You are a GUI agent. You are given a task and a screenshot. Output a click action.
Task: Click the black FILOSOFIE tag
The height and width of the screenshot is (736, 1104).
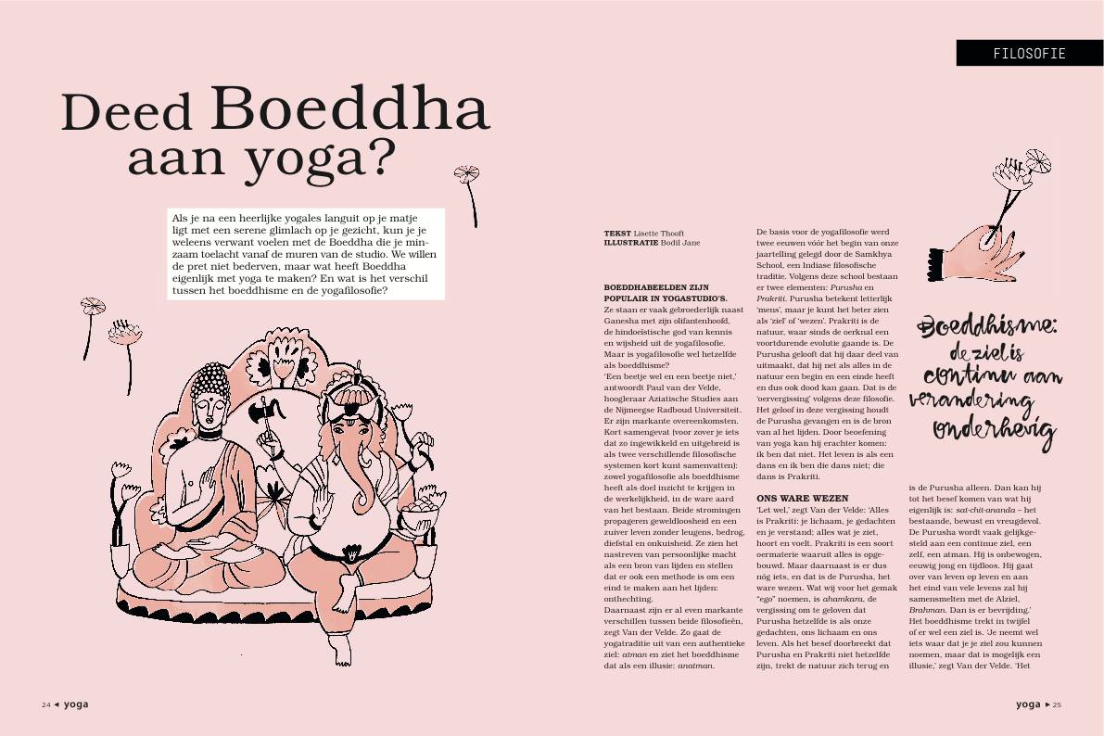coord(1029,53)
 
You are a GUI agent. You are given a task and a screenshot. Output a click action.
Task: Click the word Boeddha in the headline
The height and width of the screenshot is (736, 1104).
coord(349,108)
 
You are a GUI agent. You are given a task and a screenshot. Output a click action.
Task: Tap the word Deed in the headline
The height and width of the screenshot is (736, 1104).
coord(127,113)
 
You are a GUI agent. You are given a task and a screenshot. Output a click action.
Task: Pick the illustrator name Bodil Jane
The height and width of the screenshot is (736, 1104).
coord(680,243)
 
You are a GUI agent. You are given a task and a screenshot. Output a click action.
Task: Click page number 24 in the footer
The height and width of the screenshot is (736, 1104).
coord(45,704)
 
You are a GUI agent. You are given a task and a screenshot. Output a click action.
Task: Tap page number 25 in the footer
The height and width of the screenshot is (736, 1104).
coord(1057,704)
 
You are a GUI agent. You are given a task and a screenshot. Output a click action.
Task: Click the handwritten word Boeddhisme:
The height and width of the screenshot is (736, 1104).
coord(985,328)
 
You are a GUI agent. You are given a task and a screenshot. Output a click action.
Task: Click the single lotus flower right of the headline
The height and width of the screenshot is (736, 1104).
coord(467,176)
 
